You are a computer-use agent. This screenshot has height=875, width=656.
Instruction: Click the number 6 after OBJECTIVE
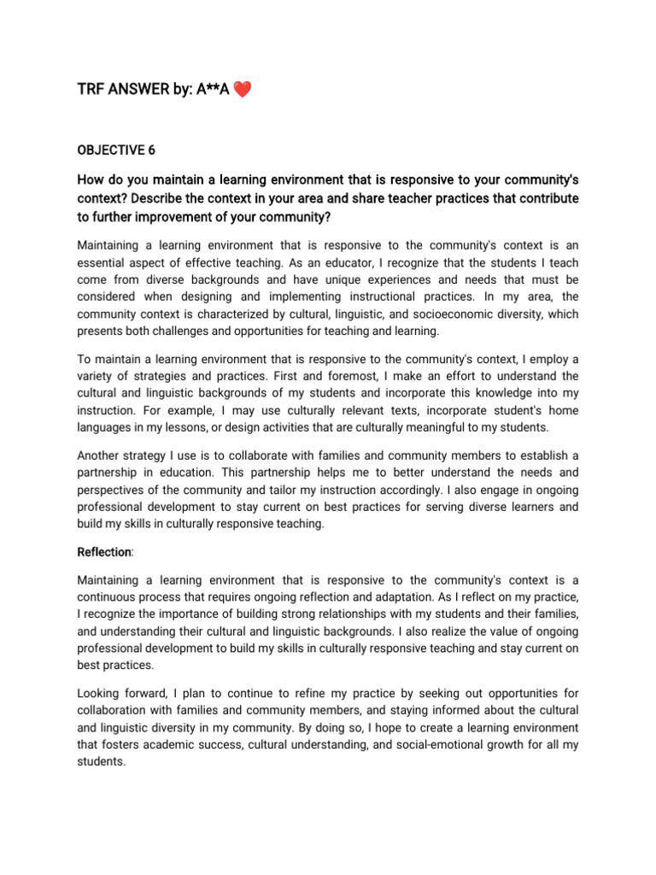[151, 150]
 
